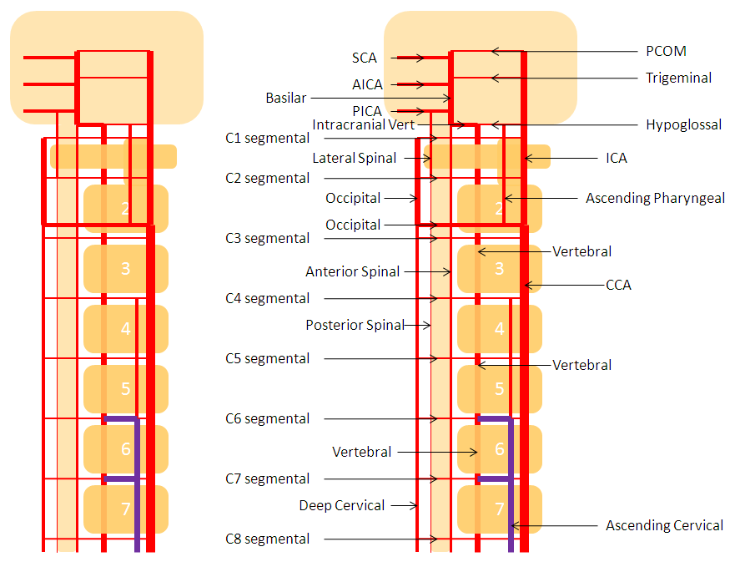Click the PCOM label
666,51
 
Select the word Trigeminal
678,78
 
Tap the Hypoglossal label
683,124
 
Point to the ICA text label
616,158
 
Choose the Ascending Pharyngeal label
655,199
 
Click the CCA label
618,285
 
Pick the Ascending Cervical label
664,525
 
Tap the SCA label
365,58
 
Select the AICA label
367,84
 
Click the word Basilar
285,98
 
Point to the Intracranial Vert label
363,124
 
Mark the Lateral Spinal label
354,158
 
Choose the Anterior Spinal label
352,271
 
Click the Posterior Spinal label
355,325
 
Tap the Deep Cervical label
342,505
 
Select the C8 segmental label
267,539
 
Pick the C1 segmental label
267,139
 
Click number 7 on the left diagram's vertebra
125,509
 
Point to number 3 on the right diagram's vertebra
499,268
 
